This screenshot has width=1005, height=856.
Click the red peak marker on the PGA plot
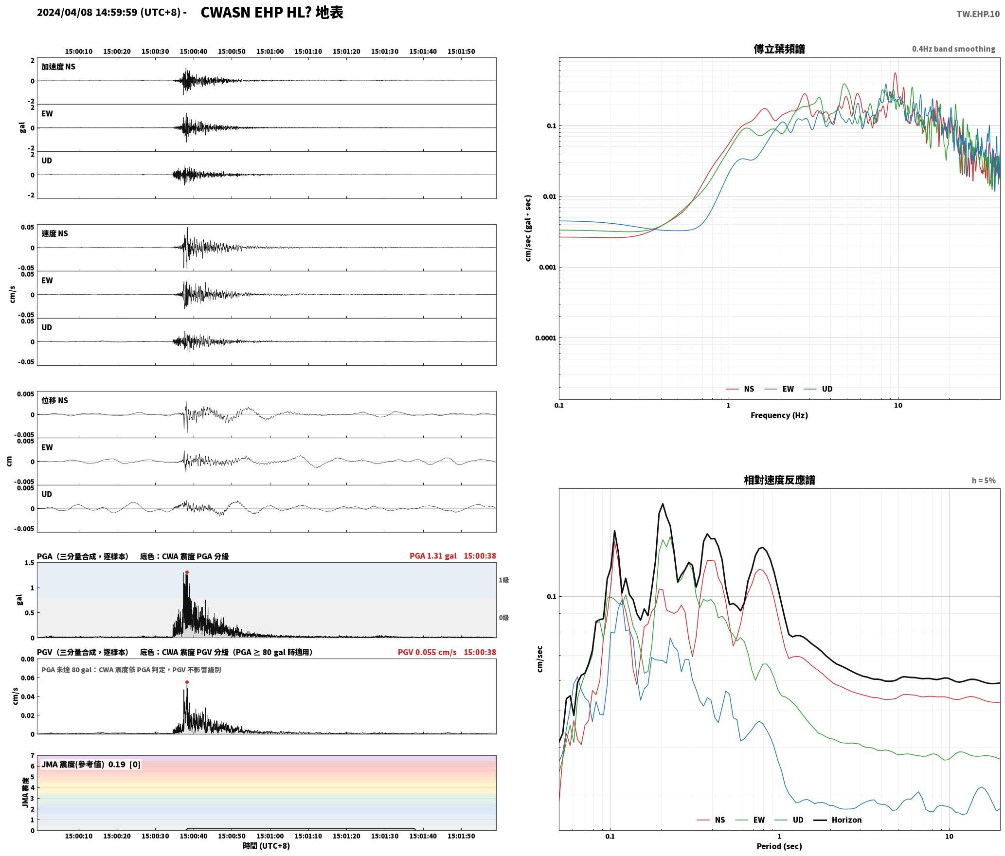[187, 572]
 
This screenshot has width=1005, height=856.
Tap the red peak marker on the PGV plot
[187, 682]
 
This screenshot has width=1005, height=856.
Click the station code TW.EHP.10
[978, 14]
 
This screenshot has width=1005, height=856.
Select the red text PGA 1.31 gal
[433, 556]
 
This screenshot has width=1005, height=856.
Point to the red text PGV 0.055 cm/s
[427, 652]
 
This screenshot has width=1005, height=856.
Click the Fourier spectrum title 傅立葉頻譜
[779, 49]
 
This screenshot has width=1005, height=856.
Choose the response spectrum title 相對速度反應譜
[779, 480]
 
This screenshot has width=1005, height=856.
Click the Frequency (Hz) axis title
[779, 415]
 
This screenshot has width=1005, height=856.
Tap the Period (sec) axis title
[779, 846]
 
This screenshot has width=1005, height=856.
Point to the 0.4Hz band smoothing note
[953, 49]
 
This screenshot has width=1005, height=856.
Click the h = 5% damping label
[984, 481]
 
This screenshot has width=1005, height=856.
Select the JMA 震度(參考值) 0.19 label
[83, 764]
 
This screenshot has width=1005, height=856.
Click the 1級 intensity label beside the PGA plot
[503, 580]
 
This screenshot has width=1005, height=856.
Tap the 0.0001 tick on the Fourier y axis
[545, 338]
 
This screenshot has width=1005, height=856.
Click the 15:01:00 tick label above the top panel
[270, 52]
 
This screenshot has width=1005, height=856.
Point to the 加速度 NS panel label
[58, 67]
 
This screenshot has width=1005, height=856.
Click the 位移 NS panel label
[54, 400]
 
